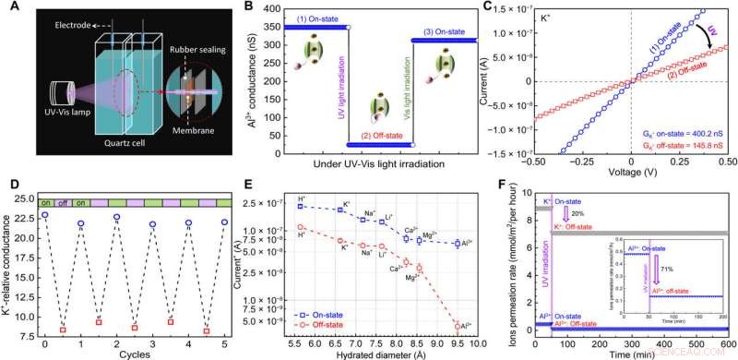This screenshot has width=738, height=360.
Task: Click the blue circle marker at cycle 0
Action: point(44,215)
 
